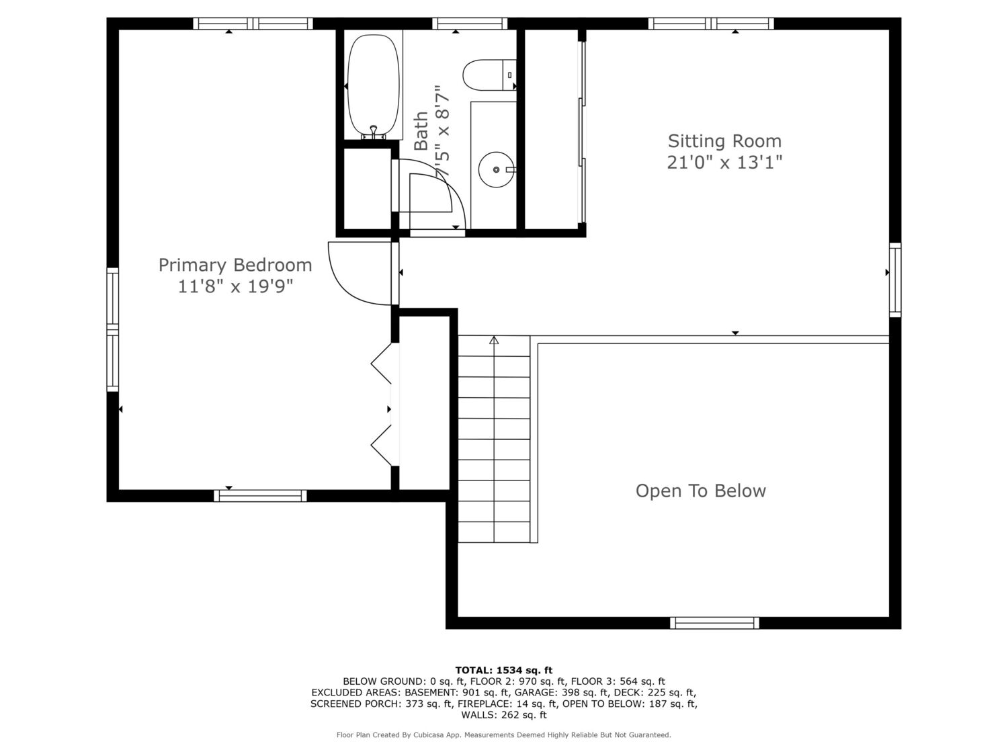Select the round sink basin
(x=496, y=169)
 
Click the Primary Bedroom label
(x=235, y=265)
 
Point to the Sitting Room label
(x=724, y=141)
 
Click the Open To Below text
(x=700, y=491)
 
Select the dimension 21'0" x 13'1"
(x=724, y=163)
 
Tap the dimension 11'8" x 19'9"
(x=235, y=287)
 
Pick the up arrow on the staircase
(x=494, y=340)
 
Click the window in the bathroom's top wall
(x=469, y=24)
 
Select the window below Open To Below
(x=714, y=622)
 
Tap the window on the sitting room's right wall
(x=895, y=280)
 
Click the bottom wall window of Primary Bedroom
(x=260, y=496)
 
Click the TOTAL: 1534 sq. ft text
(x=504, y=670)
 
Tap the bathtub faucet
(x=374, y=131)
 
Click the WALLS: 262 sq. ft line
(x=504, y=715)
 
